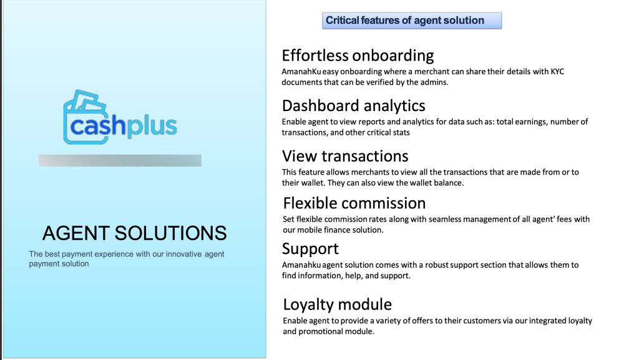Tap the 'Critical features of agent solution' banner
click(412, 21)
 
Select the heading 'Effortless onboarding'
click(358, 56)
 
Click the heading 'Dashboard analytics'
click(353, 106)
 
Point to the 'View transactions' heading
click(345, 156)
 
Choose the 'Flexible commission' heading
click(354, 203)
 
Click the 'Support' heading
click(310, 249)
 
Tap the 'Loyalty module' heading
click(338, 304)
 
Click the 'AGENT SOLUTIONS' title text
click(135, 233)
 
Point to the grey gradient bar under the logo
click(120, 160)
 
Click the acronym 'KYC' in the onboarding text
click(557, 72)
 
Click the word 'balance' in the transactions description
click(449, 183)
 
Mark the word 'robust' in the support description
click(437, 265)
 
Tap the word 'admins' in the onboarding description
click(435, 82)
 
